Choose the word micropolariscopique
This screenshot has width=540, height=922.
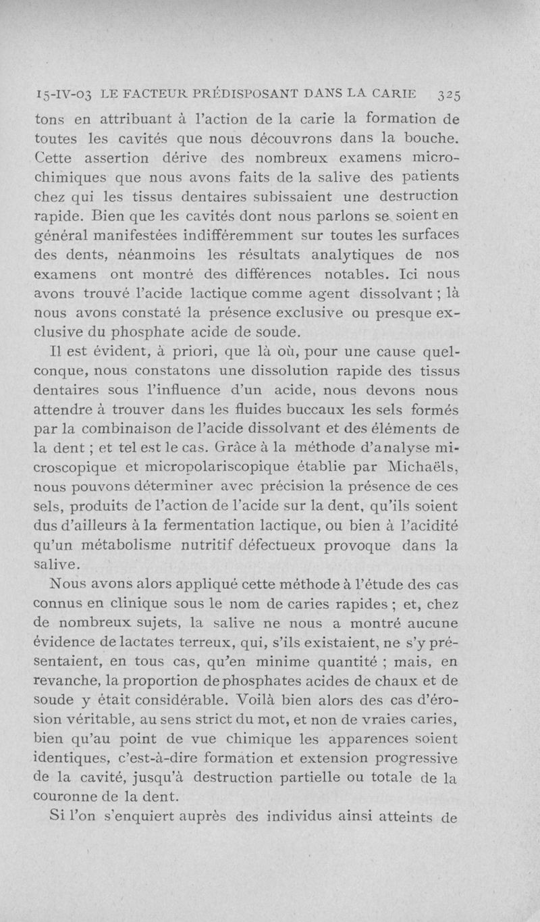(x=229, y=467)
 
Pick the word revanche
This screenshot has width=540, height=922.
(x=64, y=679)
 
